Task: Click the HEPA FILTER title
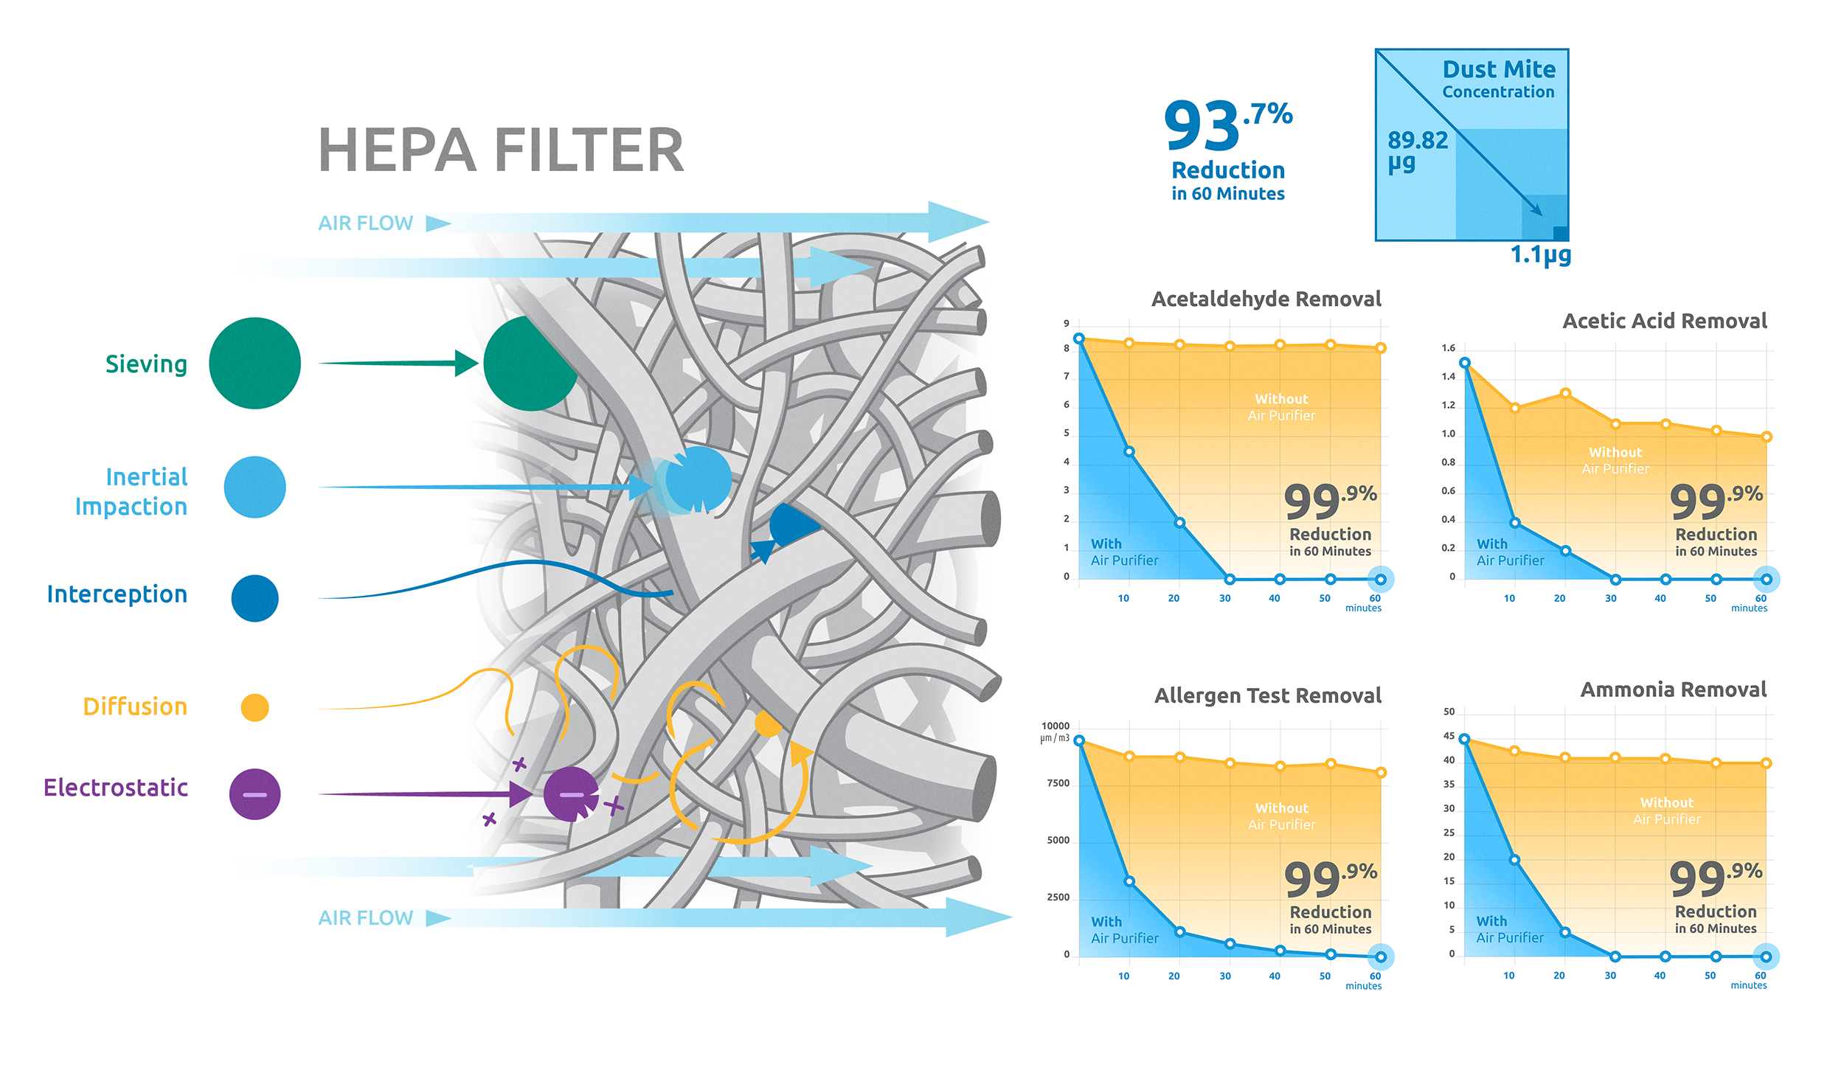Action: pyautogui.click(x=501, y=150)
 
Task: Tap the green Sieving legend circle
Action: pyautogui.click(x=254, y=363)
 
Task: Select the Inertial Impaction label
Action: pyautogui.click(x=131, y=492)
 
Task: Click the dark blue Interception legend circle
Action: pyautogui.click(x=254, y=598)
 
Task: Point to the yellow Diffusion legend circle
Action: pyautogui.click(x=254, y=707)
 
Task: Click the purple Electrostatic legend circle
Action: pyautogui.click(x=254, y=794)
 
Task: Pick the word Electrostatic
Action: pyautogui.click(x=116, y=788)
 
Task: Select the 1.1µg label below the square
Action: pyautogui.click(x=1540, y=255)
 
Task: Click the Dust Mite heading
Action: pyautogui.click(x=1499, y=69)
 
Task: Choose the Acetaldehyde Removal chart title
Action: pyautogui.click(x=1266, y=299)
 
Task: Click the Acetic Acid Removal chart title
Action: pyautogui.click(x=1664, y=321)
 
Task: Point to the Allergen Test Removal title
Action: pyautogui.click(x=1267, y=695)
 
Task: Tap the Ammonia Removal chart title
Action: pyautogui.click(x=1673, y=690)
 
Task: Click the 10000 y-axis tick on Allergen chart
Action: pyautogui.click(x=1055, y=726)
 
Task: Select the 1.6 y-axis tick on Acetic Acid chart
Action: pyautogui.click(x=1448, y=348)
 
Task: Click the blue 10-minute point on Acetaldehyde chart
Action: pyautogui.click(x=1129, y=451)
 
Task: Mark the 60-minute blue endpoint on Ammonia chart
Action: pyautogui.click(x=1766, y=956)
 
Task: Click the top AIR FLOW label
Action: pyautogui.click(x=365, y=223)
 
